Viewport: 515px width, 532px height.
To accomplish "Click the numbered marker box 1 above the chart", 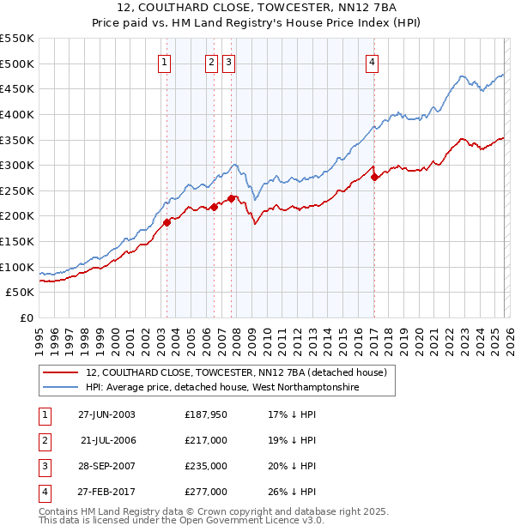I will (x=164, y=61).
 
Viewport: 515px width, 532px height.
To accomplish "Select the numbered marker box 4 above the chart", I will (x=373, y=61).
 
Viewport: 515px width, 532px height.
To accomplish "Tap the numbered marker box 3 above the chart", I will (x=229, y=61).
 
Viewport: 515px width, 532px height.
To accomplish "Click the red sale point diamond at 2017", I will (x=374, y=178).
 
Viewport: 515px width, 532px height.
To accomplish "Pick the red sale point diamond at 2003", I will (x=167, y=222).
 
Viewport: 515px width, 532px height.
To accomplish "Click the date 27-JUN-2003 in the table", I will (x=106, y=414).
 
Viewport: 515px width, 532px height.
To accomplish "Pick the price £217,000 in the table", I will (x=206, y=440).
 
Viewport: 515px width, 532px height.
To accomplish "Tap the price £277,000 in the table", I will (x=206, y=492).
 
